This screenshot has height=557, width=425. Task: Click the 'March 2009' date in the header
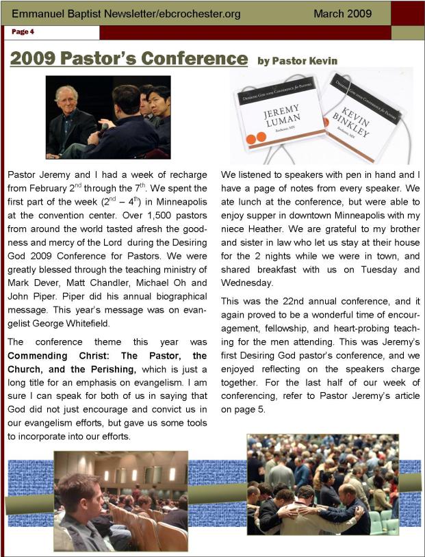pos(342,13)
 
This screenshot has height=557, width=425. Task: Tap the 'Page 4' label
pos(23,31)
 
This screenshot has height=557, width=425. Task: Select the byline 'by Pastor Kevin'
pos(297,61)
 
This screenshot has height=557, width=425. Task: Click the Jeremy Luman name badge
pos(280,113)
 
